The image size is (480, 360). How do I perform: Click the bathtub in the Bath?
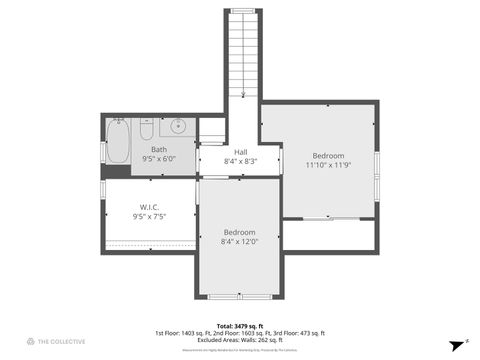tap(118, 142)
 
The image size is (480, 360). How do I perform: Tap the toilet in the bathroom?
tap(146, 130)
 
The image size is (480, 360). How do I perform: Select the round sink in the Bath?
tap(179, 127)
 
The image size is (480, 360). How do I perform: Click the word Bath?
tap(159, 149)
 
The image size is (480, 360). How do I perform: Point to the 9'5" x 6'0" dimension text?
tap(159, 158)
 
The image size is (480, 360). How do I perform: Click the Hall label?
tap(240, 152)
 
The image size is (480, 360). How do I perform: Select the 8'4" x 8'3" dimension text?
tap(240, 161)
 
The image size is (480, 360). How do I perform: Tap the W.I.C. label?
tap(149, 207)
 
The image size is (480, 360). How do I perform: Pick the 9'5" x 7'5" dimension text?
tap(149, 216)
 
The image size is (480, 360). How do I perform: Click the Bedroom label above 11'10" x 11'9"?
tap(328, 156)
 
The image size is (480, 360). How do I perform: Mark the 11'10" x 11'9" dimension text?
tap(328, 165)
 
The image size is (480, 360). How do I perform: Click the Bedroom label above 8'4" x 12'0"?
tap(239, 232)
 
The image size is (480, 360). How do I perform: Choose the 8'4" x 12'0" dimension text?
tap(239, 241)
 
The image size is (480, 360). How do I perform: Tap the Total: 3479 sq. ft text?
tap(239, 325)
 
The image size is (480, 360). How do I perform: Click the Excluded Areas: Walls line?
tap(239, 341)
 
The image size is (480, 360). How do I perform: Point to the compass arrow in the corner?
tap(453, 341)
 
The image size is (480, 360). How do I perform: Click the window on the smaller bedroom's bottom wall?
tap(240, 296)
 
